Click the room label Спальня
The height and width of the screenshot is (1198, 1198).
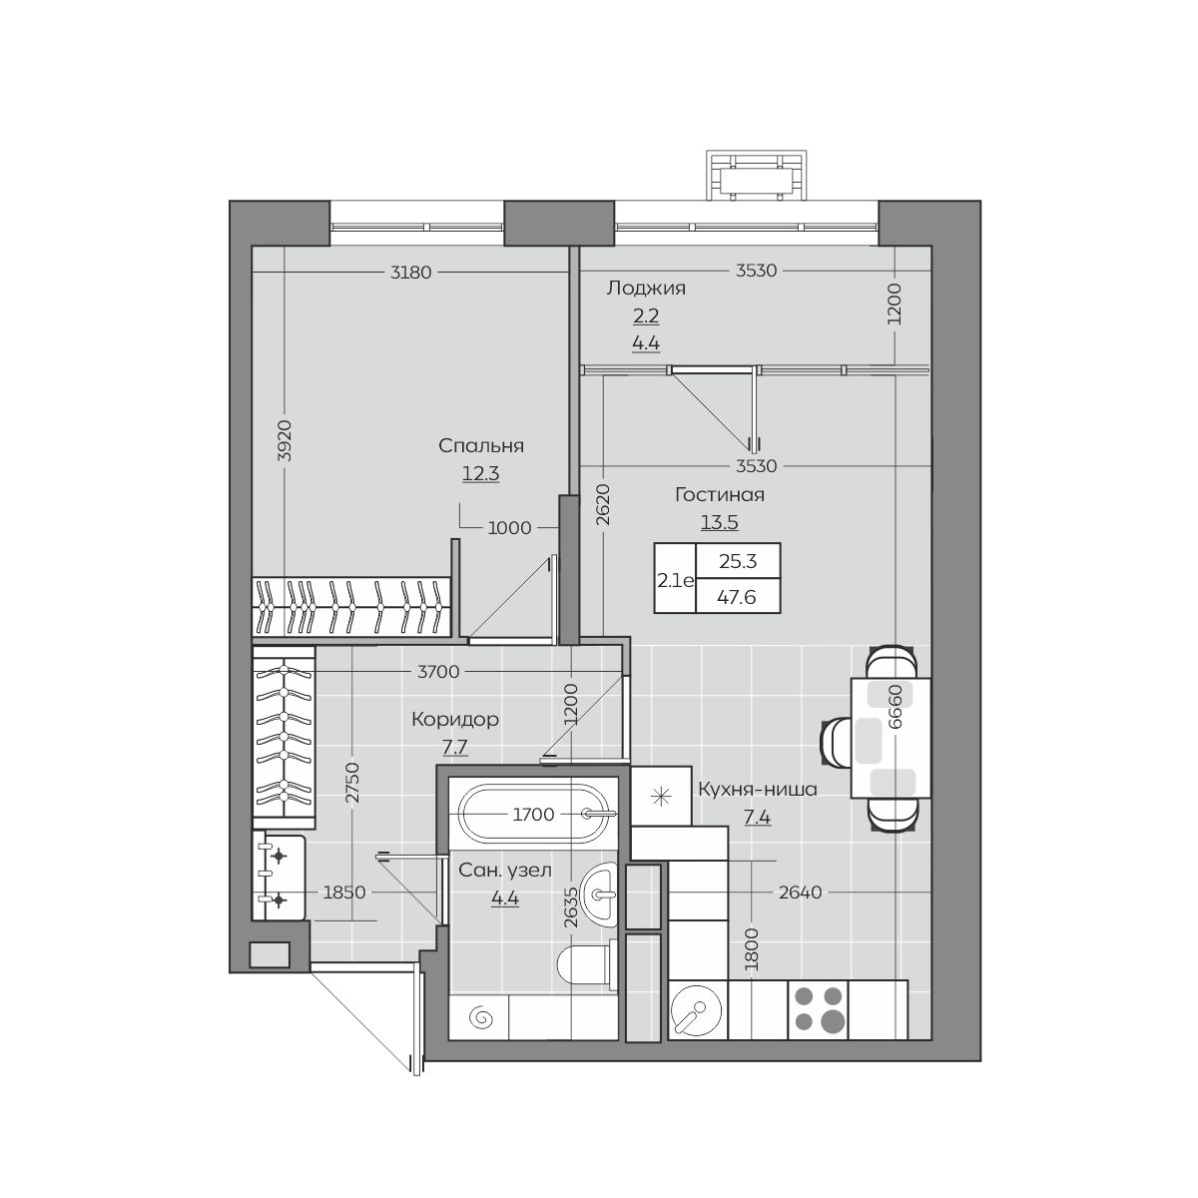[x=481, y=446]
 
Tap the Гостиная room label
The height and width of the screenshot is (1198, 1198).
[x=719, y=495]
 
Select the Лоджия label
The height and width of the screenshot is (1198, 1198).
[x=646, y=289]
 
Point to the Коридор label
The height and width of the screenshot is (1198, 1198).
[x=455, y=719]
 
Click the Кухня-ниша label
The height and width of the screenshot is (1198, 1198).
[x=757, y=790]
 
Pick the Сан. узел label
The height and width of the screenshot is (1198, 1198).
[x=505, y=871]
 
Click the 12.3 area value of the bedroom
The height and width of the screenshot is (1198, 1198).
[x=480, y=474]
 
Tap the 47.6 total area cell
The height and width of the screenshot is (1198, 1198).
[x=737, y=597]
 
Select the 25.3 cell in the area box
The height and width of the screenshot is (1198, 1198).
[x=738, y=561]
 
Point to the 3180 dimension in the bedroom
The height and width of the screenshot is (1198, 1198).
[x=410, y=273]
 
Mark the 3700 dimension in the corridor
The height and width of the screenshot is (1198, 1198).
[x=438, y=672]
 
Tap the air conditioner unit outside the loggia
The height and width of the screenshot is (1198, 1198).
[x=757, y=176]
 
